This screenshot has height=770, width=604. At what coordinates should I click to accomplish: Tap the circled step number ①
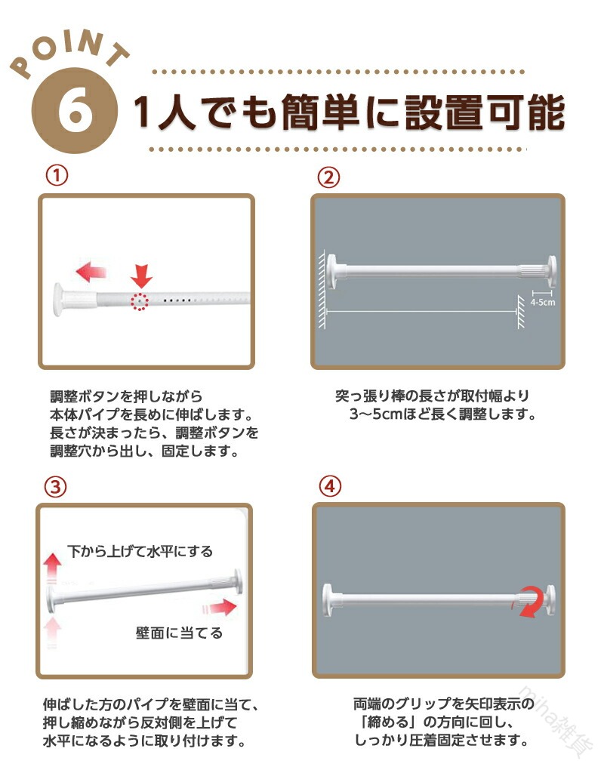(57, 175)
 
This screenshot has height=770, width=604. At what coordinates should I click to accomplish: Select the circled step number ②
(328, 177)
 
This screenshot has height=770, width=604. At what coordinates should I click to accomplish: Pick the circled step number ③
(55, 487)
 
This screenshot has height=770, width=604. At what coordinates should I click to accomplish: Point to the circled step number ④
(330, 486)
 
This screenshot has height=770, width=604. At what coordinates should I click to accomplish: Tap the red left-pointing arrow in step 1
(91, 272)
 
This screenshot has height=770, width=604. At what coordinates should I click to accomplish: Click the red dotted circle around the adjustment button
(140, 301)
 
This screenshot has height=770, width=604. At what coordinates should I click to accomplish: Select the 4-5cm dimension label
(543, 302)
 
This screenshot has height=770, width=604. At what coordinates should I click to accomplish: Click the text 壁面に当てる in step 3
(179, 633)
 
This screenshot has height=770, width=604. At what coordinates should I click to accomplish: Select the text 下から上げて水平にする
(140, 552)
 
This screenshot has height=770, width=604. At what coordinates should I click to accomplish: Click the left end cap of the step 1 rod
(58, 299)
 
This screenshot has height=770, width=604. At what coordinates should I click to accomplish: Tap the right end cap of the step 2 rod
(552, 271)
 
